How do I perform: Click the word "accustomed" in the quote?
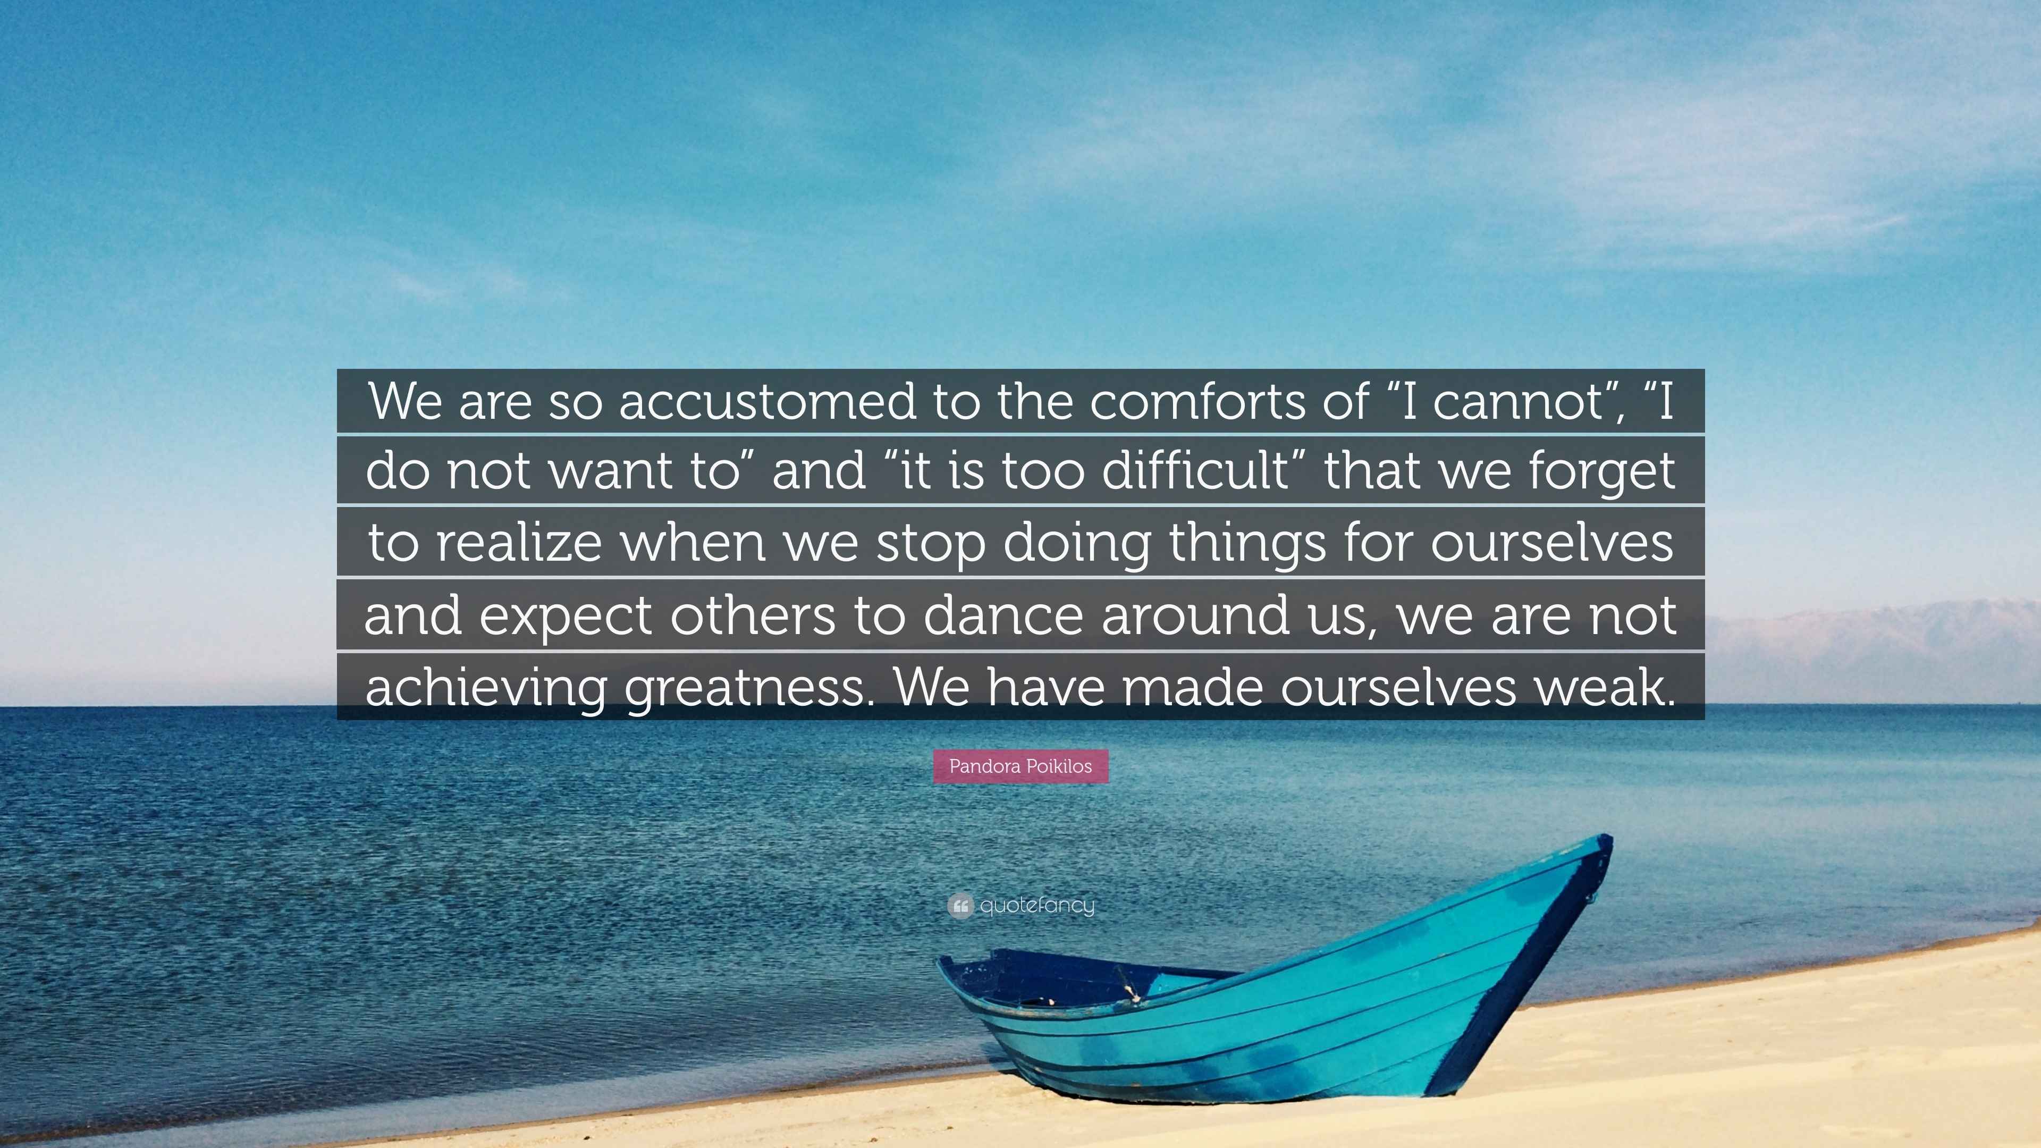pyautogui.click(x=767, y=402)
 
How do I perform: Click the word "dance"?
pyautogui.click(x=1003, y=615)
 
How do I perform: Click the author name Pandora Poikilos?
pyautogui.click(x=1020, y=766)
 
